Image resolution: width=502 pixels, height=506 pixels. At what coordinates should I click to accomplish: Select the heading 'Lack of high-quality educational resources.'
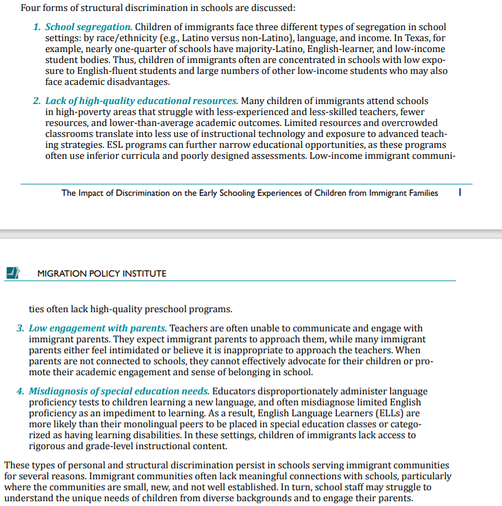coord(142,101)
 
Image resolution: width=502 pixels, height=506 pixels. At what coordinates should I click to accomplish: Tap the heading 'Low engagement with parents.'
coord(98,329)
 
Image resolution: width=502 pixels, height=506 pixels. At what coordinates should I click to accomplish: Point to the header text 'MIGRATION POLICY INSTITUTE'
coord(101,273)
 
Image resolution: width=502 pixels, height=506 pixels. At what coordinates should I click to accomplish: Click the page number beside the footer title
coord(460,193)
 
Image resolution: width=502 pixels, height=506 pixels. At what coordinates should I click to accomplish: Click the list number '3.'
coord(21,329)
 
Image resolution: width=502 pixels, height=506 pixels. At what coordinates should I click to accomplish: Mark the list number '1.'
coord(38,27)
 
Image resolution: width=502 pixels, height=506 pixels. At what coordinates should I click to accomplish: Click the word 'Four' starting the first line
coord(32,8)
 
